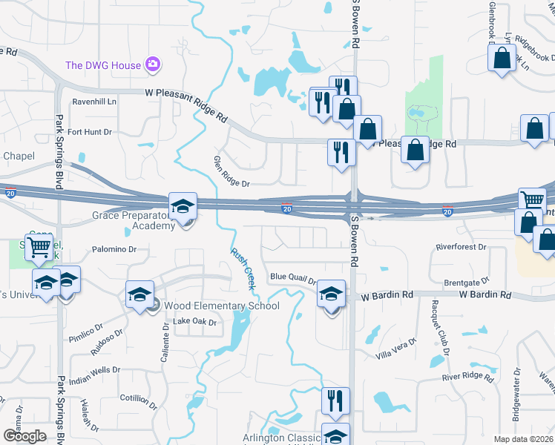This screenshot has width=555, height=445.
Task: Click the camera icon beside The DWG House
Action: click(154, 65)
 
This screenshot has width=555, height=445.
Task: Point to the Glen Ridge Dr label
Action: click(232, 171)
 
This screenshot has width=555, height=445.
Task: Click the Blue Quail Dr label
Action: click(292, 278)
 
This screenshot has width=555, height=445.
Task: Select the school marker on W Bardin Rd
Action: click(331, 294)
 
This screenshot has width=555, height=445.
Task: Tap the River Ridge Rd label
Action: click(468, 378)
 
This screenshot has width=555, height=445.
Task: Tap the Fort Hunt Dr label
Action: click(89, 132)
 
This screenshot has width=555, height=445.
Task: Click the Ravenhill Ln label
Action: click(94, 102)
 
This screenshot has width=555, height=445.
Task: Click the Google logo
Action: click(24, 436)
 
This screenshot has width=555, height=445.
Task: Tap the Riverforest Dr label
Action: click(461, 247)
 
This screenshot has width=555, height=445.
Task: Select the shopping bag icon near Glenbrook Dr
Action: click(502, 59)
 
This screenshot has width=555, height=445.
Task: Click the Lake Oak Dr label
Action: click(194, 322)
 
